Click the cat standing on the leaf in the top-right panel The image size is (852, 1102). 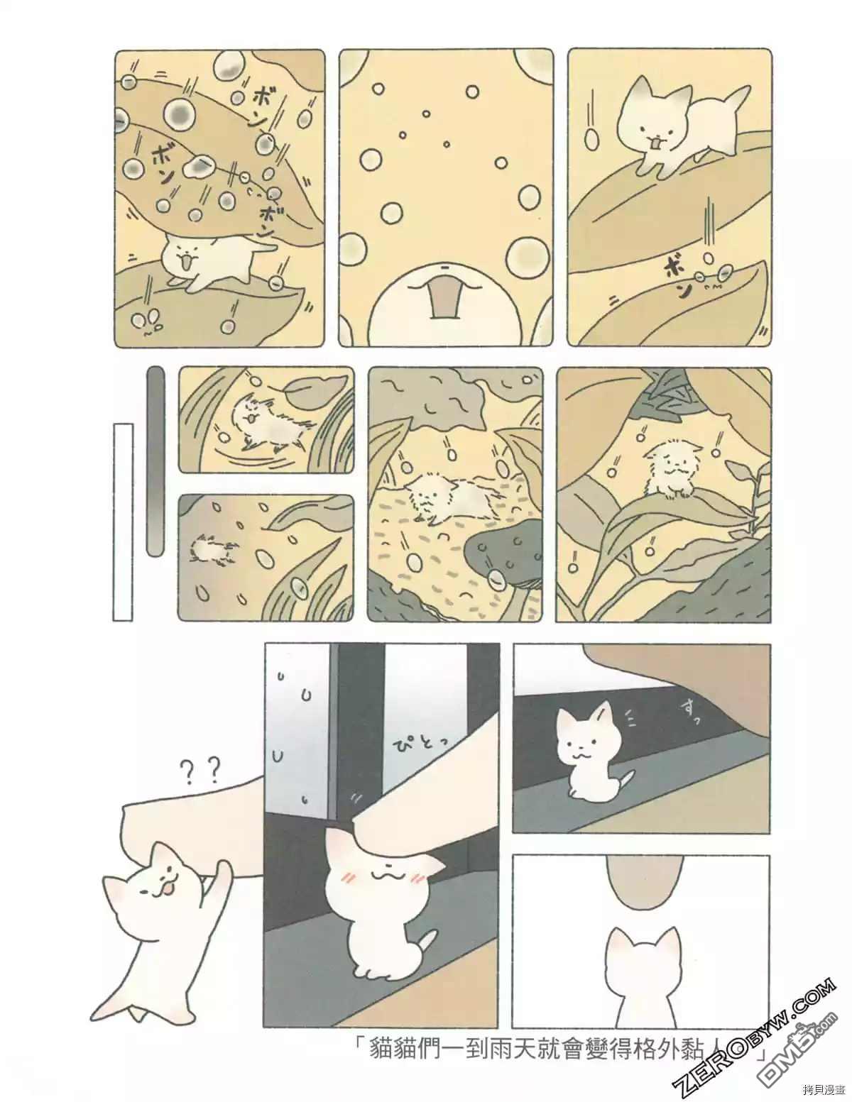coord(678,128)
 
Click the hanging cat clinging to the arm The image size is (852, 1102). coord(153,915)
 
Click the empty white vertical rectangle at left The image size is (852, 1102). coord(123,522)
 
